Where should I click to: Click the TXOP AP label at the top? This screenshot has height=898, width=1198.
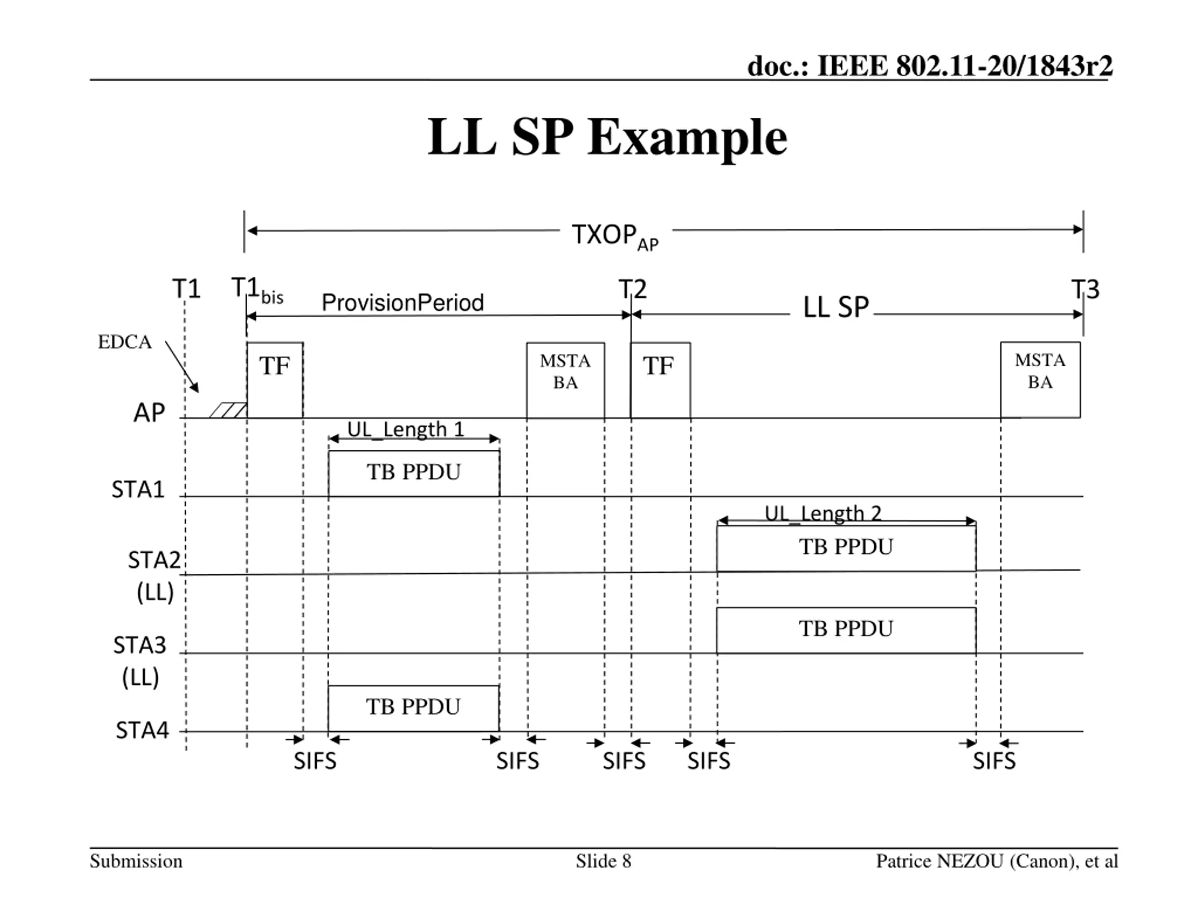(x=615, y=237)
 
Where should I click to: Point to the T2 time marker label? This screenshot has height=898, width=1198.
(x=633, y=290)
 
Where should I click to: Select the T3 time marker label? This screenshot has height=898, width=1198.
(x=1085, y=290)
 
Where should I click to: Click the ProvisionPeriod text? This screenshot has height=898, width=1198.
(x=402, y=303)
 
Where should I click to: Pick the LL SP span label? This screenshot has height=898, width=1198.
(x=836, y=307)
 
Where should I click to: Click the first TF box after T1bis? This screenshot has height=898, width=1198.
(x=275, y=379)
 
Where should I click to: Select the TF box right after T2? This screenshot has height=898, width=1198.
(x=660, y=379)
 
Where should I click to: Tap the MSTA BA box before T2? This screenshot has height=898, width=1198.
(x=565, y=379)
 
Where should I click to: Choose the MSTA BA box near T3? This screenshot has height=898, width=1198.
(x=1040, y=379)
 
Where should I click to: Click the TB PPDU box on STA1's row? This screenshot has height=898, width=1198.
(x=414, y=472)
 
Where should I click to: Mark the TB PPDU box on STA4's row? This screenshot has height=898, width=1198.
(x=413, y=708)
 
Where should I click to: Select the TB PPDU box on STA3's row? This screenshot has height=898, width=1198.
(x=846, y=630)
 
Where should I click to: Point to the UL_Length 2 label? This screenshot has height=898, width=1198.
(x=823, y=513)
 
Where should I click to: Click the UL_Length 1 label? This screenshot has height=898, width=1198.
(x=406, y=429)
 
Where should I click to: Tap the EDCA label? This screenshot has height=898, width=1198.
(x=124, y=342)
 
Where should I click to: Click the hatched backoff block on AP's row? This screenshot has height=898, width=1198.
(x=228, y=410)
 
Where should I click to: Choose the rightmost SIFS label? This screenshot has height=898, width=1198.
(x=994, y=761)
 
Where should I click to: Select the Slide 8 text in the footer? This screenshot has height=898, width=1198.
(x=603, y=861)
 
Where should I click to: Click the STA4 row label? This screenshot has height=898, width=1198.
(x=142, y=730)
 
